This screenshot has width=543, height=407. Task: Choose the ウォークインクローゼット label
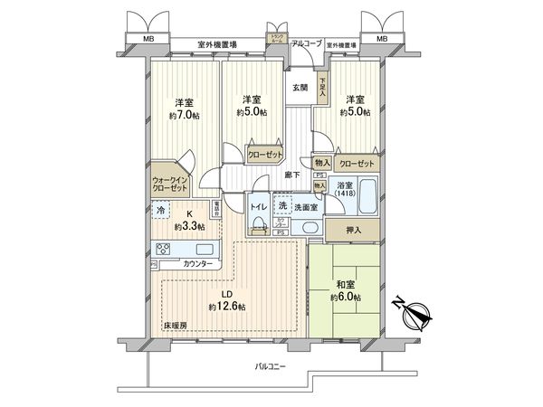pos(169,185)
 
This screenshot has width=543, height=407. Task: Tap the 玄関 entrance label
pos(300,89)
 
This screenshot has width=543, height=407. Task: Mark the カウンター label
pos(198,263)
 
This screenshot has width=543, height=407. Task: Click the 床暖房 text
pos(175,325)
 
